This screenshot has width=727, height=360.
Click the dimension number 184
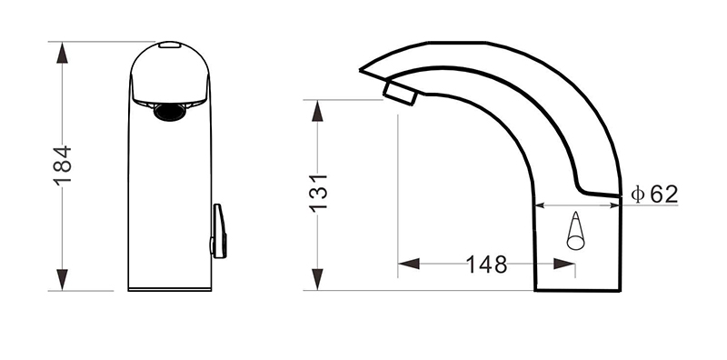(62, 165)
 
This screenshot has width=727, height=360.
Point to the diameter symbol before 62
(638, 194)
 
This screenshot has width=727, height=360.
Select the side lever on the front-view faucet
(218, 231)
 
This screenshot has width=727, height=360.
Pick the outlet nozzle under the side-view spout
(399, 91)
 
